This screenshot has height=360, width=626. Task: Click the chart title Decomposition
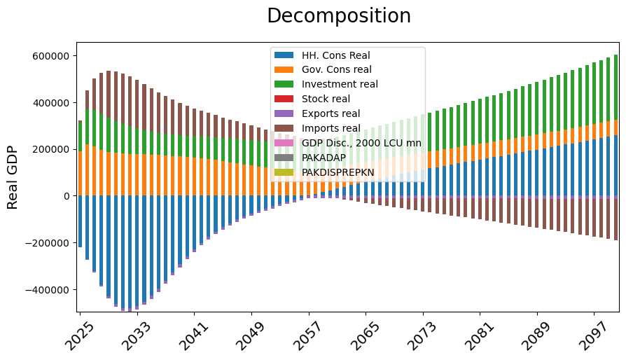pyautogui.click(x=339, y=16)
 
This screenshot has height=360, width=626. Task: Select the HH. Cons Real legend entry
pyautogui.click(x=335, y=55)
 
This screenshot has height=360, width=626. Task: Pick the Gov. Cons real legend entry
pyautogui.click(x=336, y=70)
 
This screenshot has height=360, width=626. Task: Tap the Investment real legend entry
pyautogui.click(x=340, y=84)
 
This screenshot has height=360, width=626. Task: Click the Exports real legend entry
pyautogui.click(x=331, y=113)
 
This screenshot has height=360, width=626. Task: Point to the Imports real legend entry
pyautogui.click(x=331, y=128)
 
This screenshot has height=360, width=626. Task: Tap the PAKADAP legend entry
pyautogui.click(x=324, y=158)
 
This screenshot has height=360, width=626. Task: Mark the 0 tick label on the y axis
pyautogui.click(x=68, y=196)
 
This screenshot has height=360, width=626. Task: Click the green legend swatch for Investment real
pyautogui.click(x=284, y=84)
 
